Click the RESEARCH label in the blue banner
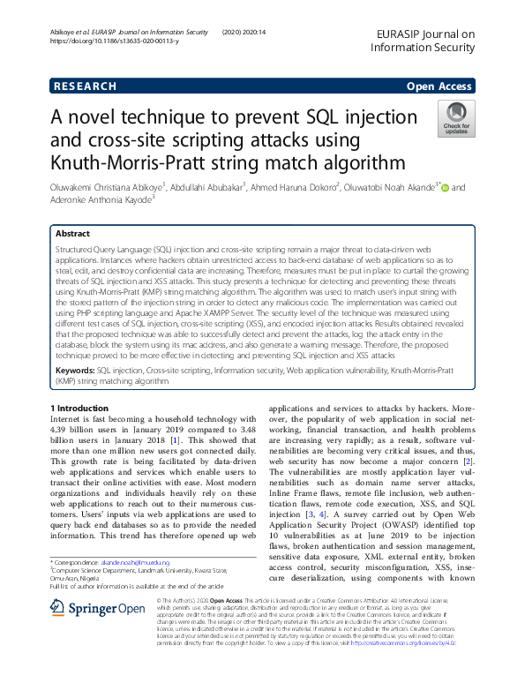(x=85, y=86)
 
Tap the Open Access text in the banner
(x=439, y=86)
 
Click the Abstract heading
(x=72, y=235)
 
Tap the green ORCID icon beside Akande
(x=445, y=187)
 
